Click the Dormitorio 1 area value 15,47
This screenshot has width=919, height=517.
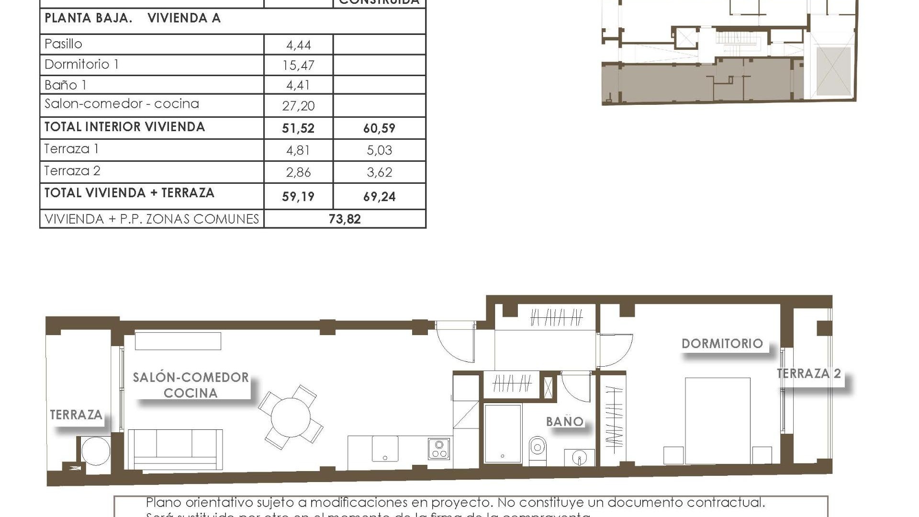(x=298, y=65)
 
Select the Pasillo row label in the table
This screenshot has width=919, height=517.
(x=63, y=44)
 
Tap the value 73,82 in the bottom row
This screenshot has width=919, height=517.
(x=345, y=219)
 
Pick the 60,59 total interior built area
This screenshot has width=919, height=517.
(x=379, y=128)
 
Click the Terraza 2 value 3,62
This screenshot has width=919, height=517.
(x=379, y=172)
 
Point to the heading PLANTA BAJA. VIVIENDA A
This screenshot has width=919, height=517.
(x=133, y=18)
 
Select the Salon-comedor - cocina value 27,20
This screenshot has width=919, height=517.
(x=298, y=106)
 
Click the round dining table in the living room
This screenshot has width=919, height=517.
(x=291, y=417)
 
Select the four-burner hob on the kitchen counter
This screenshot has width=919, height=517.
(x=439, y=449)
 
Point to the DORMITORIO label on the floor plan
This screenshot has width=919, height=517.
(x=722, y=343)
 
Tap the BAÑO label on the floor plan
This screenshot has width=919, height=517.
(x=565, y=421)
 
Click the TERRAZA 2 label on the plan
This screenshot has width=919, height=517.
(x=808, y=373)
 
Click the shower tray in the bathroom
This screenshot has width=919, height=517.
(x=503, y=434)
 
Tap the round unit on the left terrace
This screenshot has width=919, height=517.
(x=95, y=450)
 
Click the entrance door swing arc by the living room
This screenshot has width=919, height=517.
(x=455, y=343)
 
